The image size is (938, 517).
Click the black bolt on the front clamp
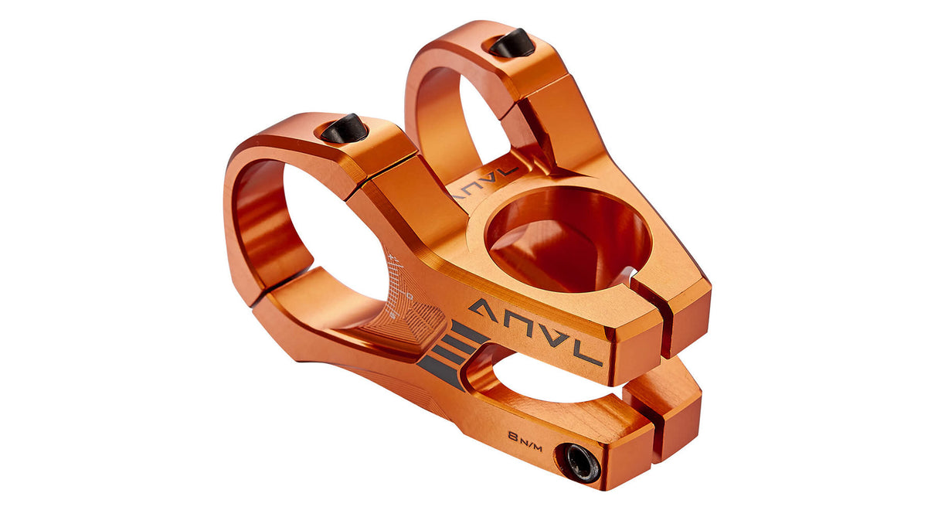click(x=344, y=128)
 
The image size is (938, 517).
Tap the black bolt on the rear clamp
click(x=511, y=43)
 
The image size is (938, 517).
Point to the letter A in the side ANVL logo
click(x=484, y=309)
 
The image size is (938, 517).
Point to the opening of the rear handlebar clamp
click(x=483, y=116)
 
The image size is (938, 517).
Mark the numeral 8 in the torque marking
click(x=513, y=436)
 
